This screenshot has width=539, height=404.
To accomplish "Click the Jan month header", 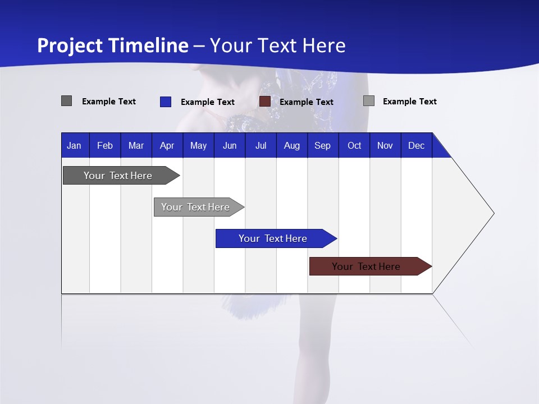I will (x=74, y=145).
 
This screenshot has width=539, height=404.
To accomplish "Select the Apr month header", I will (x=167, y=145).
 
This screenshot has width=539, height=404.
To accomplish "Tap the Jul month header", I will (x=261, y=145).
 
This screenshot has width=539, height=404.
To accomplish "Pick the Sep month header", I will (x=322, y=145).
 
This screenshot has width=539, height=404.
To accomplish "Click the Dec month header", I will (x=416, y=145).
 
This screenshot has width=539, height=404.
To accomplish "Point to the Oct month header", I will (x=354, y=145).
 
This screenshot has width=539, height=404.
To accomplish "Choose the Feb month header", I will (x=105, y=145).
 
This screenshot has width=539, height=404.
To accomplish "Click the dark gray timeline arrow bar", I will (x=118, y=176).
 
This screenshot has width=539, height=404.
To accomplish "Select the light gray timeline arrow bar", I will (x=195, y=207).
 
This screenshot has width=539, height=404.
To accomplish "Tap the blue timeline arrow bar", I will (x=273, y=238).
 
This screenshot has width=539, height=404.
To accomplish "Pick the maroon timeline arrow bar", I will (x=366, y=267).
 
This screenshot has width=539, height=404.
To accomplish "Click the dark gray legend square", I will (x=67, y=101).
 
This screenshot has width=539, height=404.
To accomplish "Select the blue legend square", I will (x=165, y=102).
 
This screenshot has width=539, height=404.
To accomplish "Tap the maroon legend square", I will (x=264, y=102).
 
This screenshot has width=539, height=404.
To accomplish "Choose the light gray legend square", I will (x=368, y=101).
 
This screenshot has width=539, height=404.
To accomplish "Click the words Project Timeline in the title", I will (x=112, y=45).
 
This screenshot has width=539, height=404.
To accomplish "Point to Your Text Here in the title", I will (x=277, y=45).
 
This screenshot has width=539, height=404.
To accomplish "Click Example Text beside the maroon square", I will (x=306, y=102).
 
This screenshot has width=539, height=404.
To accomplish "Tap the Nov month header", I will (x=385, y=145).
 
